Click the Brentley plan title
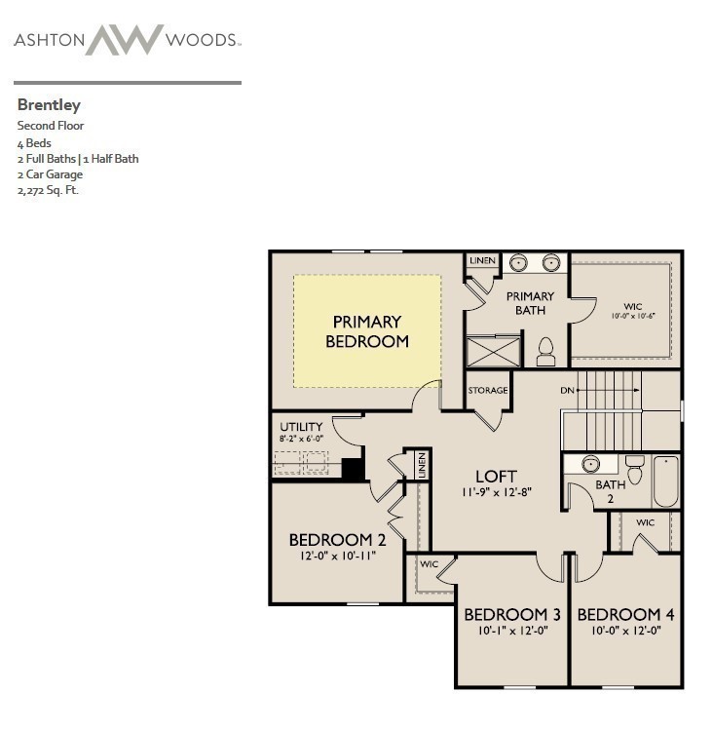pos(49,104)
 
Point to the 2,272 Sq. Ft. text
pos(48,190)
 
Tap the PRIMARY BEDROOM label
pos(367,331)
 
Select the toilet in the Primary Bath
pos(545,352)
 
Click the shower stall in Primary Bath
pos(494,351)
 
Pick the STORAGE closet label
pos(488,391)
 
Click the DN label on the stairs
pos(568,391)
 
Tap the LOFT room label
pos(496,477)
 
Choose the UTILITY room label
pos(301,427)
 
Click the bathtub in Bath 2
pos(666,481)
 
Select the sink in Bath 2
pos(590,464)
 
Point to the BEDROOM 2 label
pos(331,540)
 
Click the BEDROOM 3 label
pos(512,615)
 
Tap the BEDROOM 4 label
pos(625,615)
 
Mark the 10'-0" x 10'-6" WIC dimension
pos(633,316)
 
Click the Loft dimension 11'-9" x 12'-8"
pos(496,493)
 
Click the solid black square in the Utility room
pos(354,468)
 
